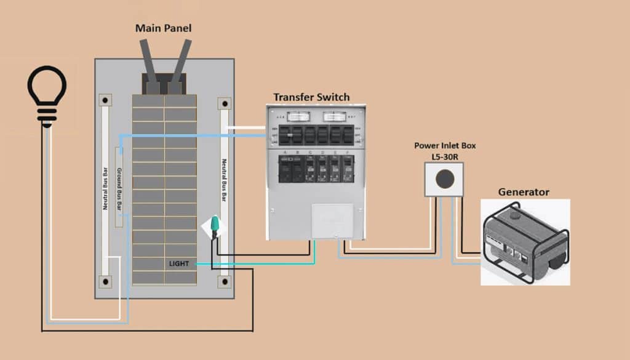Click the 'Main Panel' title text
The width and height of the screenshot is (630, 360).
[x=163, y=28]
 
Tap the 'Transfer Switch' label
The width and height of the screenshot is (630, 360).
[x=311, y=97]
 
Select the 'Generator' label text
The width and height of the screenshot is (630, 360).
[x=523, y=192]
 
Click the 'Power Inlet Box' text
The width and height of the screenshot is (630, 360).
[x=445, y=146]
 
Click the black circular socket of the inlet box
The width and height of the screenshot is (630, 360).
[x=444, y=178]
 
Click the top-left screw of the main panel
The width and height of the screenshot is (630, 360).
[x=106, y=100]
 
